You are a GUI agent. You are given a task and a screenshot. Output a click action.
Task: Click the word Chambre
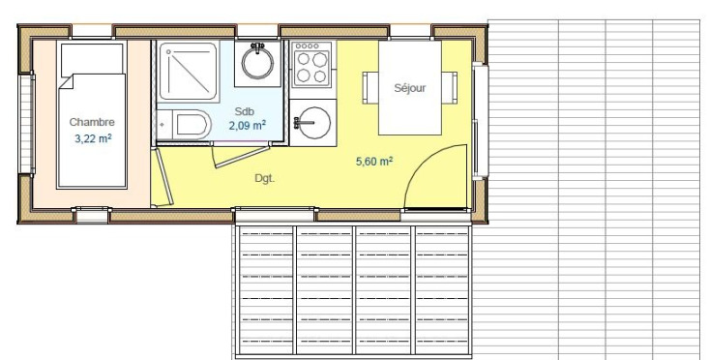(92, 122)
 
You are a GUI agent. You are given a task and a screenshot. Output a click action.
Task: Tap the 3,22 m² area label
(93, 138)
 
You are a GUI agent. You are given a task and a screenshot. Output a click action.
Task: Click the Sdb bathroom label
(244, 110)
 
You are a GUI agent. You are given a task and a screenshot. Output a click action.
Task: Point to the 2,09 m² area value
(247, 125)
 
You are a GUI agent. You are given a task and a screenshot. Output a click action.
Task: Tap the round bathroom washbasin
(257, 64)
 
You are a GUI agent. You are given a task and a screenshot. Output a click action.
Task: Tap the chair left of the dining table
(369, 88)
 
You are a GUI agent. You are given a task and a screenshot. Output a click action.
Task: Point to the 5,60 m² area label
(374, 162)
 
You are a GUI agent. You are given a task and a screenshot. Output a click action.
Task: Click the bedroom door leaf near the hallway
(162, 175)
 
